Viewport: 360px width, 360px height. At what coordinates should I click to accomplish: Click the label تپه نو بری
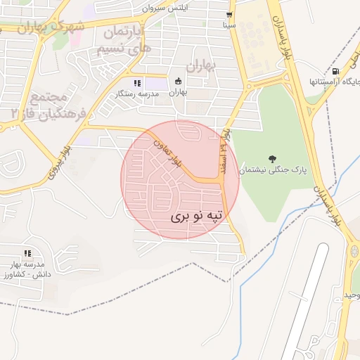point(199,217)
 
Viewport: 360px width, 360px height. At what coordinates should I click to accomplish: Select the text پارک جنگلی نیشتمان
point(271,170)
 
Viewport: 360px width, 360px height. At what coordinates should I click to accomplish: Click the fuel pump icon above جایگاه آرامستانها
point(335,71)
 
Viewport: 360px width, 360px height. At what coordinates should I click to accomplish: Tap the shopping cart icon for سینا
point(229,15)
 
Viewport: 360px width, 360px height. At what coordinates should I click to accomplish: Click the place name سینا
point(229,25)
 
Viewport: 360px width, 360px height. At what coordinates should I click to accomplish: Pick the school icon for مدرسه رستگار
point(137,82)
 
